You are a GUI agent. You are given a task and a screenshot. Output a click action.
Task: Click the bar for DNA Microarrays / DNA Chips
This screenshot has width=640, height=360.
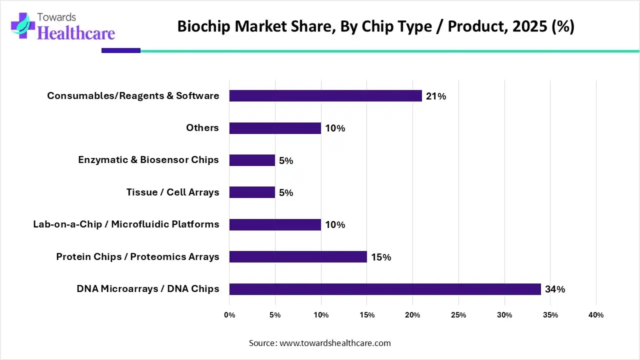point(385,289)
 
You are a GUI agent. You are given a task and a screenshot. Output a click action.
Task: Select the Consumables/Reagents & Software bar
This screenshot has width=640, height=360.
point(325,95)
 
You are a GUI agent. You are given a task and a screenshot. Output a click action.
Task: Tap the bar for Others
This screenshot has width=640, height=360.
point(275,128)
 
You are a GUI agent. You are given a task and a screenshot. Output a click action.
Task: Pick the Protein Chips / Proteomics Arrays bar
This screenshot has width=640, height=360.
point(298,257)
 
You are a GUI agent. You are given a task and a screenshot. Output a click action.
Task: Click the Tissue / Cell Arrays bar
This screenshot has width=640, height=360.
point(252,192)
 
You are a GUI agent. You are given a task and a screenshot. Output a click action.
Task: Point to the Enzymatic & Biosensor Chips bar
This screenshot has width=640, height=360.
point(252,160)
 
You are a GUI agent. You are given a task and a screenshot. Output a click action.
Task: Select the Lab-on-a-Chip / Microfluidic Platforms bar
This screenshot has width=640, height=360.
point(275,224)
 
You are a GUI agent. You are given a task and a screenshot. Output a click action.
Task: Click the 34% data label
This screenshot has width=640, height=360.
point(555,289)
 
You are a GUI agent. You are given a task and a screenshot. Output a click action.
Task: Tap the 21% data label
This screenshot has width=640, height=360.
point(436,96)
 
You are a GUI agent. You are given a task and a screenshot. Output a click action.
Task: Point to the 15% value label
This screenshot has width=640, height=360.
point(381,257)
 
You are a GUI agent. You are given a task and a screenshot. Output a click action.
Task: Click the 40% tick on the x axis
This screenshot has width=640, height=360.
point(596,315)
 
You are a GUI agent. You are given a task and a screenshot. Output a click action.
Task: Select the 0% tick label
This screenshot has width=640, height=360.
point(229,315)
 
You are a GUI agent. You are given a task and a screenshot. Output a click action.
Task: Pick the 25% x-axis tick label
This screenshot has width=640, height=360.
point(458,315)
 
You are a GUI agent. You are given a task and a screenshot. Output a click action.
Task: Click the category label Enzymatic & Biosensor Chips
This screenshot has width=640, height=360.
point(148,160)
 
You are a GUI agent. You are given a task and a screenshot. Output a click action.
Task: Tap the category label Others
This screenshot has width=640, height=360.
point(202,128)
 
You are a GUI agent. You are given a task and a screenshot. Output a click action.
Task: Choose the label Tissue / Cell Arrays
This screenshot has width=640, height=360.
point(172,192)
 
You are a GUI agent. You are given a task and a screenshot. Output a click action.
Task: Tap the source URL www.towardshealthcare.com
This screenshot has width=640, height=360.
point(334,343)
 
